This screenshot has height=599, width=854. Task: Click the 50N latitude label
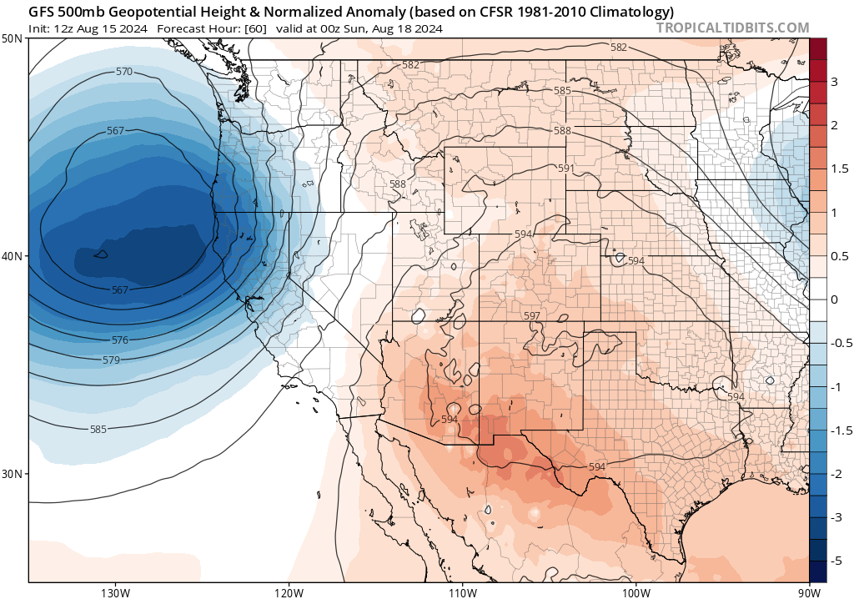click(x=13, y=39)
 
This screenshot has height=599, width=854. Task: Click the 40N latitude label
click(x=13, y=256)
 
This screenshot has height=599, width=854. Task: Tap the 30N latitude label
click(x=13, y=473)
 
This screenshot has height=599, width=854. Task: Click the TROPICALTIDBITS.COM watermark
click(x=732, y=28)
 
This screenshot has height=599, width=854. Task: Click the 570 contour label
click(x=124, y=72)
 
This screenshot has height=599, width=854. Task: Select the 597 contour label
click(x=531, y=316)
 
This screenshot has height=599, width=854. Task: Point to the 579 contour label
click(x=111, y=360)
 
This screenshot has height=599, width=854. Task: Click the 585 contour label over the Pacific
click(x=98, y=430)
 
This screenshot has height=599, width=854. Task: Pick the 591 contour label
click(x=566, y=169)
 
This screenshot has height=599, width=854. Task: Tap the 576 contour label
click(x=120, y=340)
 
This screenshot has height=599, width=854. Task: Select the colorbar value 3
click(x=834, y=81)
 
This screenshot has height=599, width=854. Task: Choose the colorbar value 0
click(x=834, y=299)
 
